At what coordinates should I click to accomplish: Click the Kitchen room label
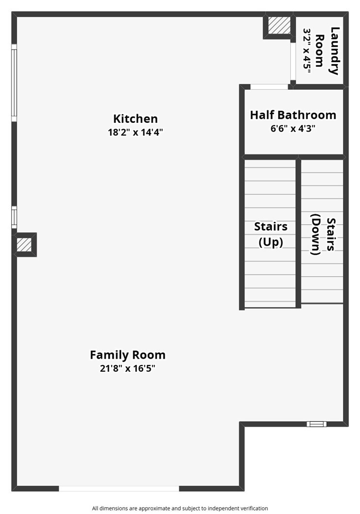[x=135, y=118]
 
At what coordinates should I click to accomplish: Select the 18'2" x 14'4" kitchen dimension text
[x=135, y=133]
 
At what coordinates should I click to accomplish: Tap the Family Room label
[x=128, y=355]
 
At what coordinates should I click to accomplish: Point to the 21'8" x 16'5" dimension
[x=128, y=368]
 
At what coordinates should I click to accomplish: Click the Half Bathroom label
[x=293, y=115]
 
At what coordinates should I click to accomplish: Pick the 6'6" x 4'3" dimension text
[x=293, y=129]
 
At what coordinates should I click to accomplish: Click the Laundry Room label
[x=327, y=51]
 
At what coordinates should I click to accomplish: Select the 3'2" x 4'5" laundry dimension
[x=307, y=51]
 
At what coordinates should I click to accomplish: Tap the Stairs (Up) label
[x=271, y=234]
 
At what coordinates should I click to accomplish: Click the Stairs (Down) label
[x=323, y=234]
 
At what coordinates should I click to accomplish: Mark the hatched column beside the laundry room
[x=279, y=26]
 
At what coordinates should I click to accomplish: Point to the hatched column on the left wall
[x=24, y=245]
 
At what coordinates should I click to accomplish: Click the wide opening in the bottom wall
[x=119, y=488]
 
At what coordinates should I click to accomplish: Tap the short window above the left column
[x=14, y=217]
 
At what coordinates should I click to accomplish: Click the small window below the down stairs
[x=317, y=424]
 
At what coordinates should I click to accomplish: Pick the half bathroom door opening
[x=270, y=87]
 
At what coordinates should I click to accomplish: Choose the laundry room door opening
[x=293, y=61]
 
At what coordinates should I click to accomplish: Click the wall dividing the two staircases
[x=298, y=233]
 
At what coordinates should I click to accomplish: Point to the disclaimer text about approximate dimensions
[x=180, y=509]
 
